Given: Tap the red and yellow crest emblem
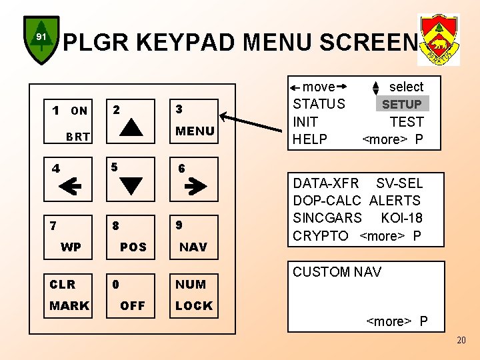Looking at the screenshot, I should click(x=438, y=39).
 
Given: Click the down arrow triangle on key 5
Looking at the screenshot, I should click(x=131, y=183).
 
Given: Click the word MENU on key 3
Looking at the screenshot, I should click(x=195, y=131).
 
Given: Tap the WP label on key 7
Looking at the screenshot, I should click(x=71, y=247).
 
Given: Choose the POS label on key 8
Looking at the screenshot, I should click(x=133, y=247).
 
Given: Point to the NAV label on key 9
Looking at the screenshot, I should click(x=193, y=247).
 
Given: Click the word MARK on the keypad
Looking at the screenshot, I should click(x=69, y=306).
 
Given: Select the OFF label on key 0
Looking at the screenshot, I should click(x=133, y=306).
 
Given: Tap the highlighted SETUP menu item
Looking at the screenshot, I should click(x=401, y=104).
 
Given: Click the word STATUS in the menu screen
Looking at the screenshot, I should click(x=319, y=104).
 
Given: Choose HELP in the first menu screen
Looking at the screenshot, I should click(x=311, y=139).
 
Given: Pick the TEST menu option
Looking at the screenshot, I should click(x=407, y=122).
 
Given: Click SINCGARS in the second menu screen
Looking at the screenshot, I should click(x=327, y=218).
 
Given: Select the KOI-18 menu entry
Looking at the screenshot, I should click(x=401, y=218).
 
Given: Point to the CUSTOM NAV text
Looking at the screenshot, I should click(x=337, y=272).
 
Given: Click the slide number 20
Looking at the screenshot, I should click(x=462, y=341).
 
